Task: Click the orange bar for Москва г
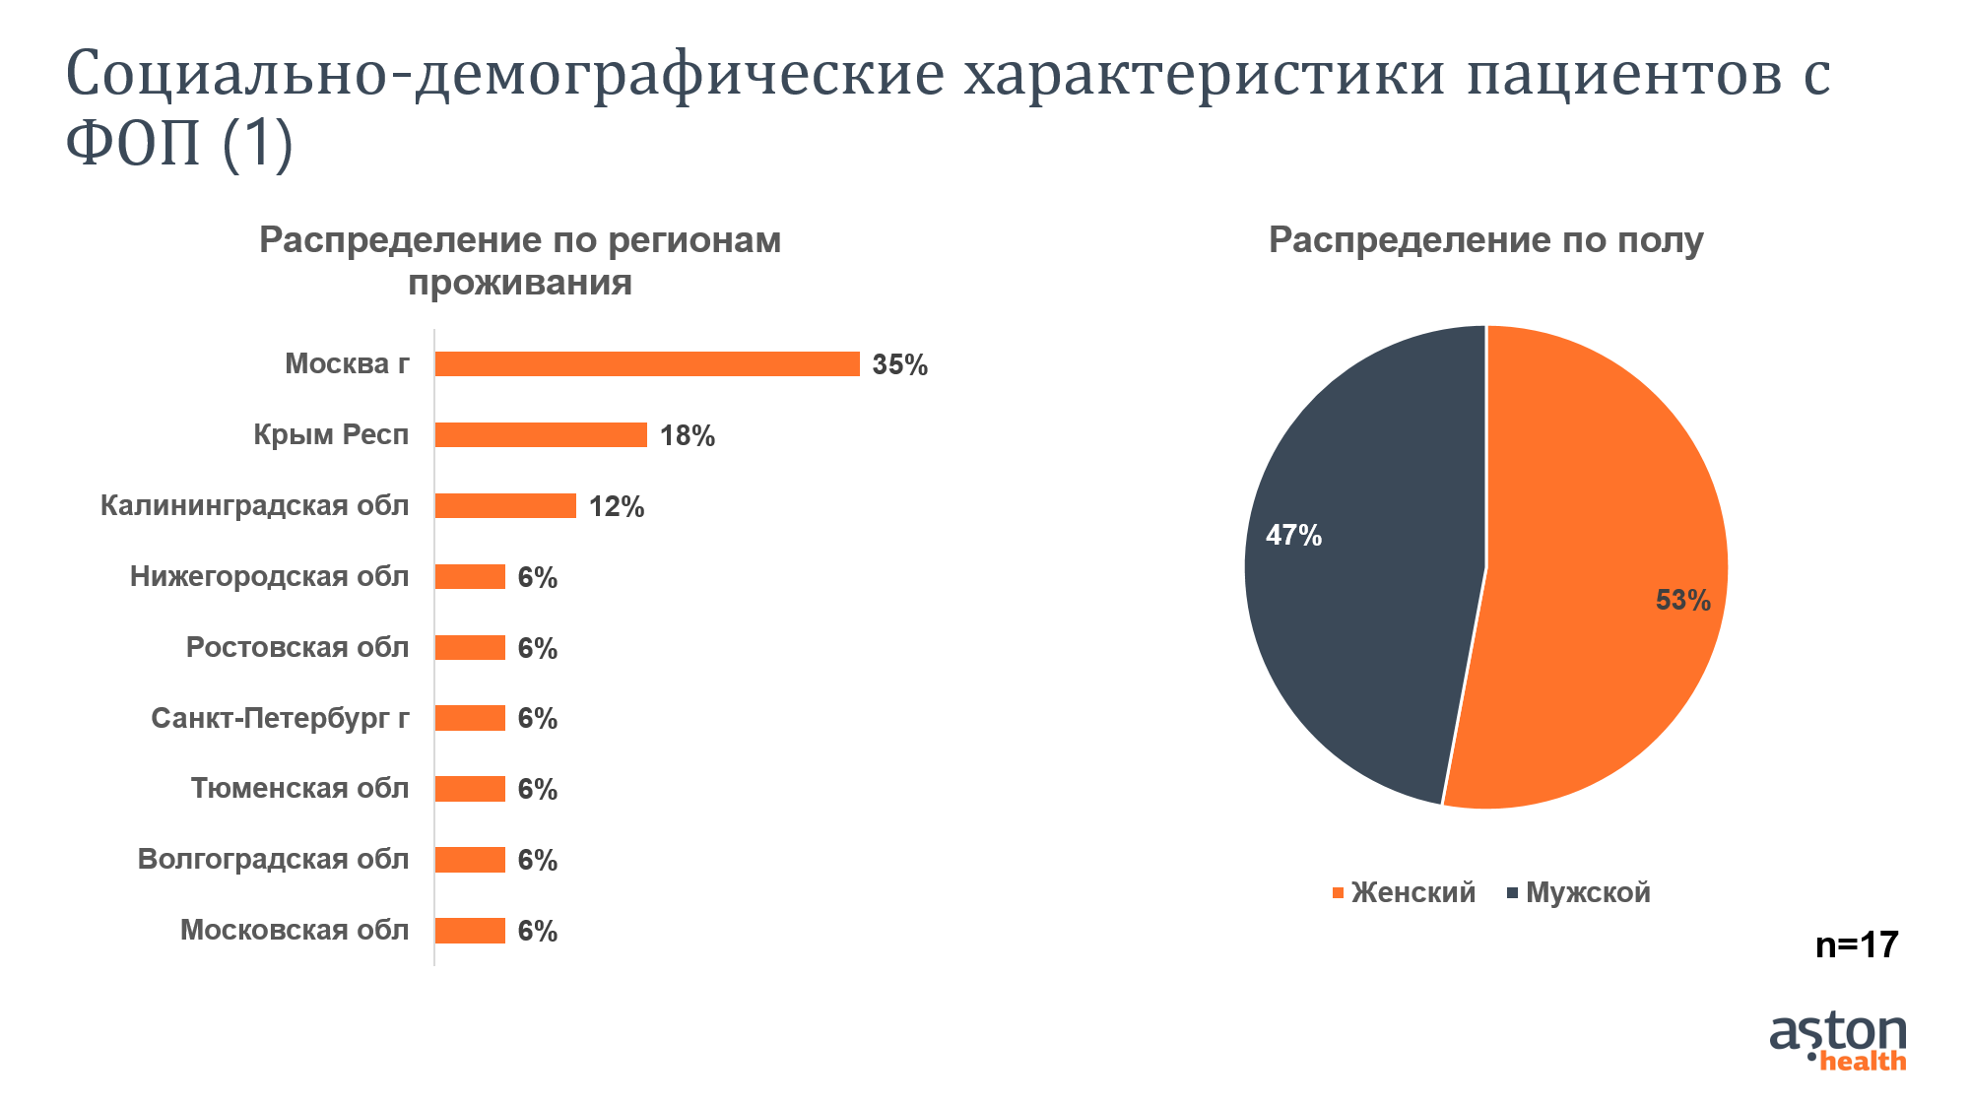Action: (x=647, y=364)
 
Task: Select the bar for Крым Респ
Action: (x=541, y=435)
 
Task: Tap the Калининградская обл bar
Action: (x=505, y=506)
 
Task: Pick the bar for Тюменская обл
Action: (x=470, y=789)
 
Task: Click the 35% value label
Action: (x=899, y=365)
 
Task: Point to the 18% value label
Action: (x=687, y=436)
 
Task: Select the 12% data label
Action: (x=616, y=507)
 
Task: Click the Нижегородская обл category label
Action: (x=269, y=576)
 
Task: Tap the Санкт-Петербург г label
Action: (x=280, y=718)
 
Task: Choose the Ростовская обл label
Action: (x=296, y=647)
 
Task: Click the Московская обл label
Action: (x=294, y=930)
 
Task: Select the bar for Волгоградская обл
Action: (x=470, y=860)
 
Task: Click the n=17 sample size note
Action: (x=1857, y=945)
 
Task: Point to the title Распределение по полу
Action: (x=1485, y=240)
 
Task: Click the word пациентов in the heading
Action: (x=1624, y=74)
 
